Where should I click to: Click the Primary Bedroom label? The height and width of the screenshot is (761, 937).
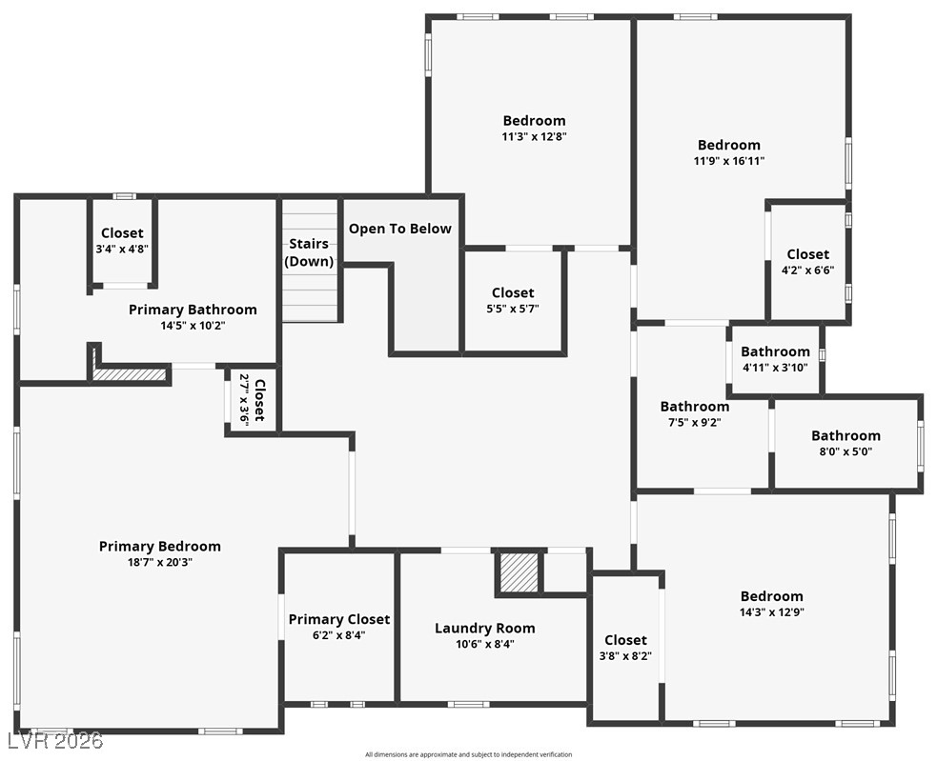(159, 546)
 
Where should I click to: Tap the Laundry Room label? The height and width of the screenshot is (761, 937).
(484, 628)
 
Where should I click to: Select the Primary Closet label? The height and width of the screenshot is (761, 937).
(339, 619)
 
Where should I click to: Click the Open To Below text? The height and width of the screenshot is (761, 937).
(400, 229)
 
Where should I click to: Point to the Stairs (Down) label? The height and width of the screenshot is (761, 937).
(311, 252)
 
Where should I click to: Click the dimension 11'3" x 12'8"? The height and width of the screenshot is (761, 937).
(534, 136)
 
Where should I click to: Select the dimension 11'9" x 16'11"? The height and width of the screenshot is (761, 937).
(729, 161)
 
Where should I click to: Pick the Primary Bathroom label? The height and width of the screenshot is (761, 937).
(193, 309)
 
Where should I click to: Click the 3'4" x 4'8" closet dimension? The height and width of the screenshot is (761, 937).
(122, 249)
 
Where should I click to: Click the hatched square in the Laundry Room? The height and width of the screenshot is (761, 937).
(519, 571)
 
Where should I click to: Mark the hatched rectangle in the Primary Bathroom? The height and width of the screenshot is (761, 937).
(131, 375)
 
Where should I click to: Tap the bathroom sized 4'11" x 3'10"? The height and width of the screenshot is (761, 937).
(775, 368)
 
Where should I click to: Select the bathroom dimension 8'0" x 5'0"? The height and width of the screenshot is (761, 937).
(845, 451)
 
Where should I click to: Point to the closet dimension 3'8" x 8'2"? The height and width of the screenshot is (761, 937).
(625, 655)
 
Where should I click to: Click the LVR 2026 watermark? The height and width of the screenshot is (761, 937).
(54, 740)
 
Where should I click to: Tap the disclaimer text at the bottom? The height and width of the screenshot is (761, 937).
(468, 754)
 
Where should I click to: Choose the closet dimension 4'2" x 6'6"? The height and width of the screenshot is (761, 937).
(807, 270)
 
